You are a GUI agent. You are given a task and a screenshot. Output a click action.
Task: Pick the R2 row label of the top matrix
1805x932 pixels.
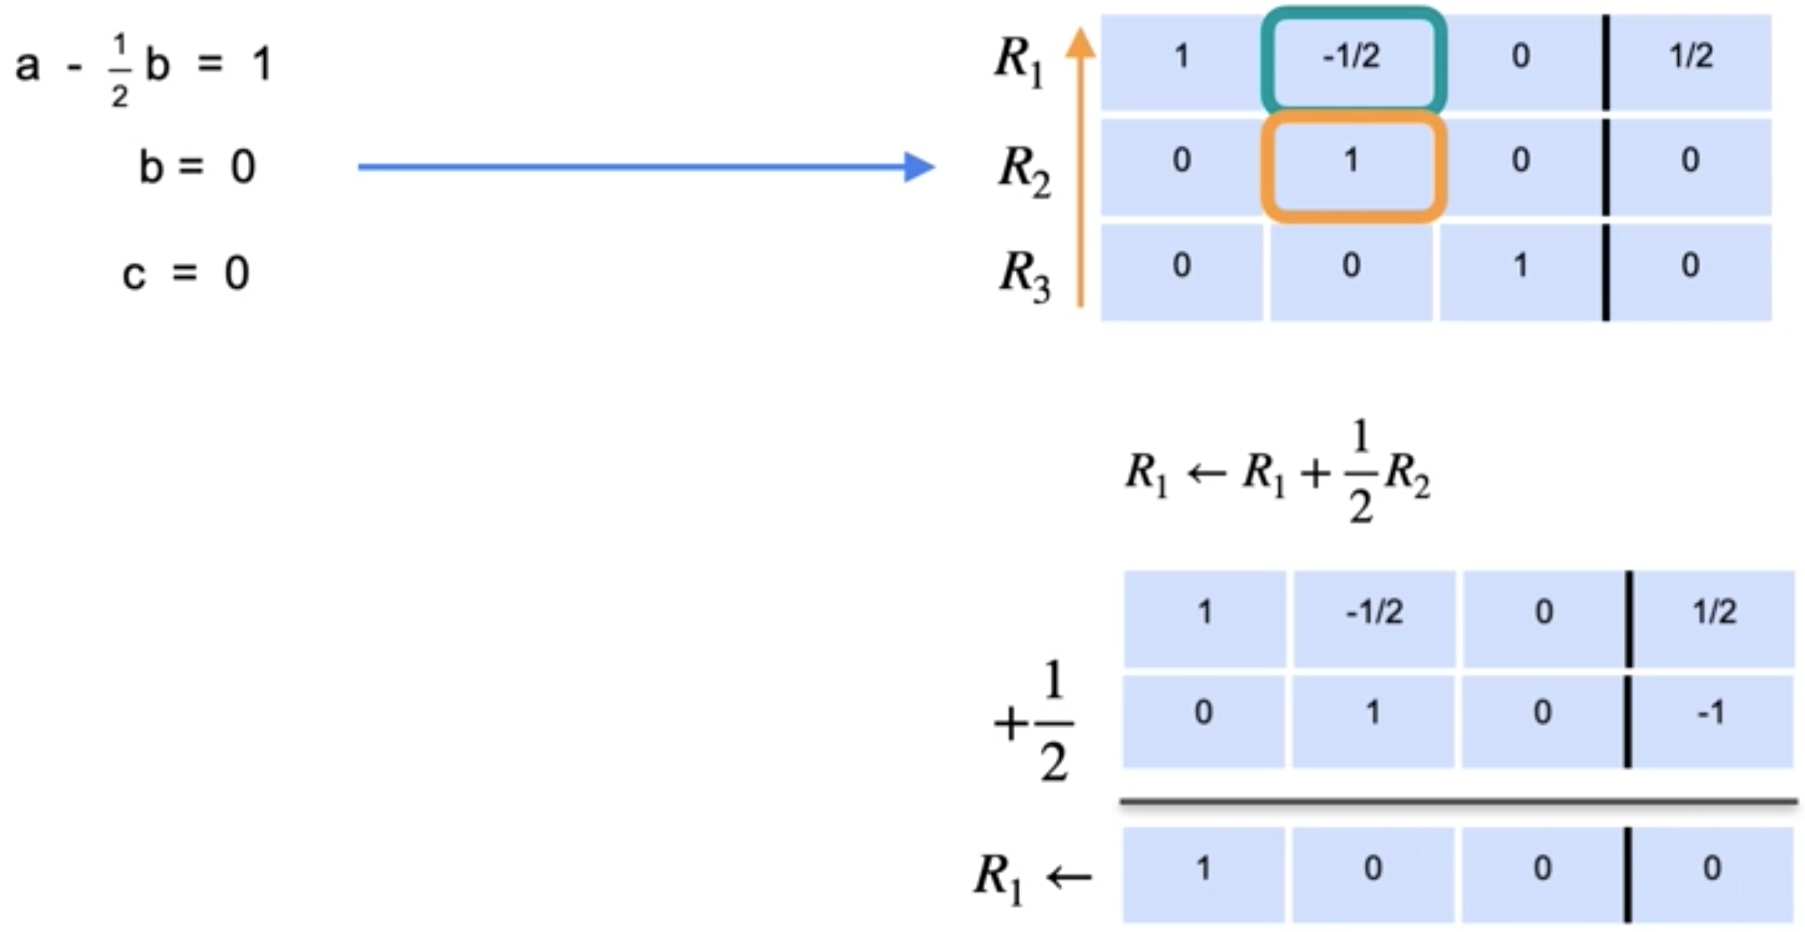1024,171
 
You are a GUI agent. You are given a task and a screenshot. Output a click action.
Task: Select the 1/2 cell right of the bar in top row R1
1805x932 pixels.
1690,57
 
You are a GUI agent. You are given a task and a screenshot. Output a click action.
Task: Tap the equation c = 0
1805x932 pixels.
185,274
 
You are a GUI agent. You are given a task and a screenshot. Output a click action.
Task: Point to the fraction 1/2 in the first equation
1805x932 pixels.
120,70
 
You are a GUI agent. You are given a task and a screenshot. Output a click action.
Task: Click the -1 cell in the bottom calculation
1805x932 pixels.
1712,713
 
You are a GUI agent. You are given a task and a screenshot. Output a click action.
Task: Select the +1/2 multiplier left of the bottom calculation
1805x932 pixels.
1035,721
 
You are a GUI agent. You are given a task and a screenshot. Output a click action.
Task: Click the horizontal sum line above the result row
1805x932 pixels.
1457,802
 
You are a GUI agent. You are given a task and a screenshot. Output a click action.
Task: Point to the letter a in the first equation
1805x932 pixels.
27,66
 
